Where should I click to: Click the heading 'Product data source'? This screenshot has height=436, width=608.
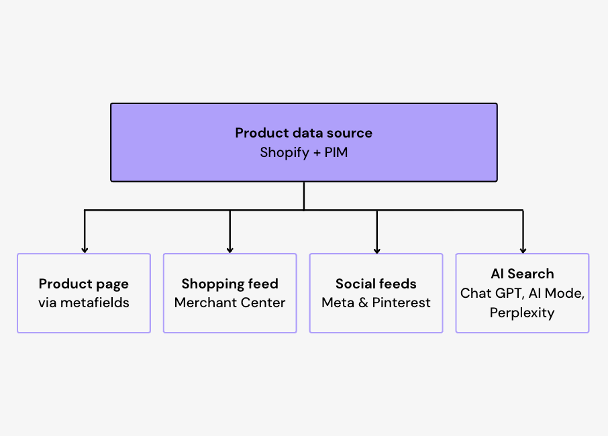pyautogui.click(x=303, y=133)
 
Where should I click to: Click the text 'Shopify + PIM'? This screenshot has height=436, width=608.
pyautogui.click(x=303, y=153)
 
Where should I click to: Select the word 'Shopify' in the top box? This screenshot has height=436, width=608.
pyautogui.click(x=285, y=153)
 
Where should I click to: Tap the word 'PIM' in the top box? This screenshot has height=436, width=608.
pyautogui.click(x=336, y=152)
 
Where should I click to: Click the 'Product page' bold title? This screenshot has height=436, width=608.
pyautogui.click(x=84, y=284)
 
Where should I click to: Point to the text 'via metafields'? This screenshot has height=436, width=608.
pyautogui.click(x=84, y=303)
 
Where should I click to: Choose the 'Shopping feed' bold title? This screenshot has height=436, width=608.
pyautogui.click(x=230, y=284)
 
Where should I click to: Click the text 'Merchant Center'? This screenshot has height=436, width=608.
pyautogui.click(x=230, y=303)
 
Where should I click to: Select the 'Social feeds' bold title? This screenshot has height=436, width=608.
pyautogui.click(x=376, y=284)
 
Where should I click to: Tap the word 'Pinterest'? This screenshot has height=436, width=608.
pyautogui.click(x=401, y=303)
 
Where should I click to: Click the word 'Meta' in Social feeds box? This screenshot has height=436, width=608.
pyautogui.click(x=338, y=303)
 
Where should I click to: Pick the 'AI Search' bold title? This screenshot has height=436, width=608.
pyautogui.click(x=522, y=274)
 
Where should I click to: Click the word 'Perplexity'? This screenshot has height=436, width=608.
pyautogui.click(x=522, y=313)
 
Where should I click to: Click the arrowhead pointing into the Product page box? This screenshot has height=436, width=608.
pyautogui.click(x=85, y=250)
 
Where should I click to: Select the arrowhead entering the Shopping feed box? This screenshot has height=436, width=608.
pyautogui.click(x=230, y=250)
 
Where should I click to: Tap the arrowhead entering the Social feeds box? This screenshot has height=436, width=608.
pyautogui.click(x=377, y=250)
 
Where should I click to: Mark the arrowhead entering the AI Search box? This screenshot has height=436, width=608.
pyautogui.click(x=523, y=250)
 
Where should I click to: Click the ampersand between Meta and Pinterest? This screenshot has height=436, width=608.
pyautogui.click(x=363, y=303)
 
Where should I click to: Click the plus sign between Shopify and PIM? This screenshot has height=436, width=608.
pyautogui.click(x=317, y=153)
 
